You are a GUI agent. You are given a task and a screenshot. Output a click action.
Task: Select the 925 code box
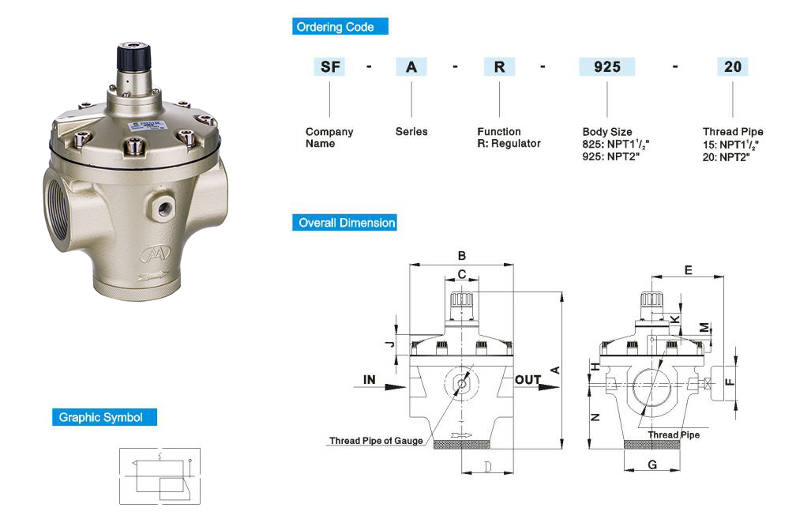point(606,67)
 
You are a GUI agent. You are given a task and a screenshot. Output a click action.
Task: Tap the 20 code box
point(732,67)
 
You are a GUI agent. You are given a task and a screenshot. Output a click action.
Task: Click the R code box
point(499,67)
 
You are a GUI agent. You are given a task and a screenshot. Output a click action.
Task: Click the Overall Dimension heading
point(347,223)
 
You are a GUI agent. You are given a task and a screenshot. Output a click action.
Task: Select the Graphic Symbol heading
point(101,417)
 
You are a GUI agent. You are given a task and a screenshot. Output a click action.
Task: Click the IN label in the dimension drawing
point(370,380)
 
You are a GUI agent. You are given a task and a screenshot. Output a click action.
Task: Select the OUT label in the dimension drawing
point(528,380)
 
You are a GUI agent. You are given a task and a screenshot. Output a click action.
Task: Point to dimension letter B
point(462,255)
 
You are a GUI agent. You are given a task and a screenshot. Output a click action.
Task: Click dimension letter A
point(554,370)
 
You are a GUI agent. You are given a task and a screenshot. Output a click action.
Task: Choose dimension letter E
point(688,270)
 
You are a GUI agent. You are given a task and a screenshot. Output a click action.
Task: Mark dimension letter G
point(652,465)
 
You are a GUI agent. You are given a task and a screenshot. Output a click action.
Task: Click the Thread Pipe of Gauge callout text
point(376,441)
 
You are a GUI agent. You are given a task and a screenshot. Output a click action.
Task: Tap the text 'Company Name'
point(329,137)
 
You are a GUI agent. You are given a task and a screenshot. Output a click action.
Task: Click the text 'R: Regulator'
point(509,144)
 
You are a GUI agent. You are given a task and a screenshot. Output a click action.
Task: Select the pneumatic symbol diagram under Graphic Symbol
point(160,476)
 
